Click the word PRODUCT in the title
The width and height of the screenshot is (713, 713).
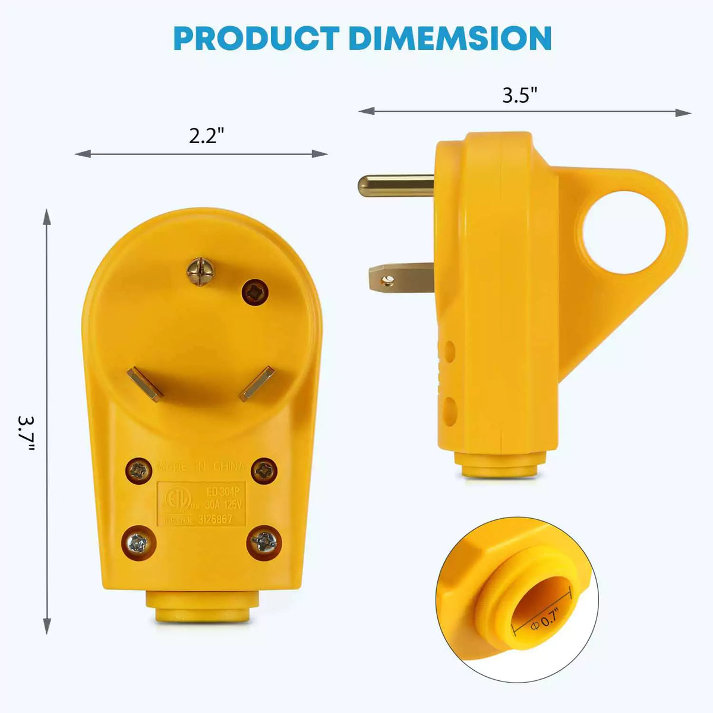pyautogui.click(x=257, y=39)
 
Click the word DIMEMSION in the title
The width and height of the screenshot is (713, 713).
pyautogui.click(x=450, y=39)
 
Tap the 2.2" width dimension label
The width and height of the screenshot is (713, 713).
pyautogui.click(x=207, y=136)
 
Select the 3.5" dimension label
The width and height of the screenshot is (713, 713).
pyautogui.click(x=520, y=95)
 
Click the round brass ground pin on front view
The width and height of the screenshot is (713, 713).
pyautogui.click(x=200, y=270)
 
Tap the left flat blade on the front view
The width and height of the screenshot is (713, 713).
pyautogui.click(x=146, y=383)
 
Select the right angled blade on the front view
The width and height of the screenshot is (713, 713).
pyautogui.click(x=257, y=383)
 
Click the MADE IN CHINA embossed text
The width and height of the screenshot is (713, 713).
pyautogui.click(x=201, y=466)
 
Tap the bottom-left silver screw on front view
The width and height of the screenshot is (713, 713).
pyautogui.click(x=139, y=543)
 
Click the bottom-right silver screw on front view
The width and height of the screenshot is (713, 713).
pyautogui.click(x=263, y=541)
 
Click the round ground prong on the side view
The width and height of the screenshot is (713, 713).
pyautogui.click(x=395, y=185)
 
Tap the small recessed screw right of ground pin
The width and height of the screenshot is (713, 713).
pyautogui.click(x=255, y=292)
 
